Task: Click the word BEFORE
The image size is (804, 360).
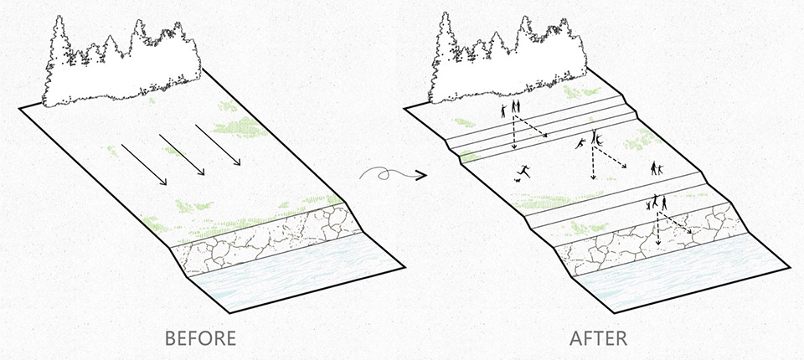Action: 200,338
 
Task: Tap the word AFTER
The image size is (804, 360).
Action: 598,338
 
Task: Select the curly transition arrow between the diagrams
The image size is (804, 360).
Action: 393,175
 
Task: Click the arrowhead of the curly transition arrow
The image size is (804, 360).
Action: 421,176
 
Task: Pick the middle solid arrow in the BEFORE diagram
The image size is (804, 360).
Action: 182,155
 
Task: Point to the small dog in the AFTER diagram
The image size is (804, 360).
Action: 518,179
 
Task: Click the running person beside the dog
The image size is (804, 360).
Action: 524,171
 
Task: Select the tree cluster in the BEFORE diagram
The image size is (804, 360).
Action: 121,64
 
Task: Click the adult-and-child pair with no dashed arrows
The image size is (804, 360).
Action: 657,168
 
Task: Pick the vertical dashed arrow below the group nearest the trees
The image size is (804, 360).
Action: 513,131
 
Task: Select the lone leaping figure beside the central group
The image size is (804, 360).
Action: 580,144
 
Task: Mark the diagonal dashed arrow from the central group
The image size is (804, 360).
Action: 611,157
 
